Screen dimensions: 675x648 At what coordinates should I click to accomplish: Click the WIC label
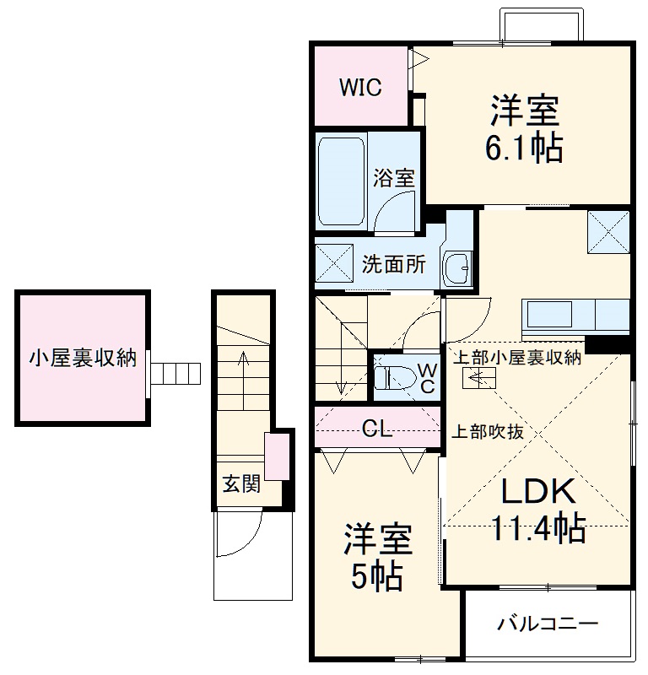tap(360, 87)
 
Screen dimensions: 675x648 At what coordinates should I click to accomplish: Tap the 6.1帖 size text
tap(523, 148)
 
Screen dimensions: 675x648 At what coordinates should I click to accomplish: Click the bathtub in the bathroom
tap(342, 178)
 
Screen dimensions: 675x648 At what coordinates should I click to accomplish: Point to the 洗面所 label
tap(394, 263)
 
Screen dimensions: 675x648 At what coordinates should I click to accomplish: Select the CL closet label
tap(377, 429)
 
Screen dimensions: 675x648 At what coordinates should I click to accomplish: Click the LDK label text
tap(539, 491)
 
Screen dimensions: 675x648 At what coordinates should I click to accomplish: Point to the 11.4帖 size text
tap(539, 529)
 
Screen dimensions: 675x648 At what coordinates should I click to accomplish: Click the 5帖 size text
tap(376, 577)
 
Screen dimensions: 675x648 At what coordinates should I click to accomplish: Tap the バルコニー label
tap(547, 624)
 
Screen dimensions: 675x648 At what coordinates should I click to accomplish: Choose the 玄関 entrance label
tap(240, 483)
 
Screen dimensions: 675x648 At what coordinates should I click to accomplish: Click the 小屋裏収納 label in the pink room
tap(83, 358)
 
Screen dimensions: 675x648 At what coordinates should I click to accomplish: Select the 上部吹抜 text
tap(489, 431)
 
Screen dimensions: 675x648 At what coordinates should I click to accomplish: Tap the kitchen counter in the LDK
tap(577, 315)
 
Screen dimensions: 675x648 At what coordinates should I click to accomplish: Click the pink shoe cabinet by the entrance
tap(275, 456)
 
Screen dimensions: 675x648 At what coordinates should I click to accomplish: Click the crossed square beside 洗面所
tap(334, 264)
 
